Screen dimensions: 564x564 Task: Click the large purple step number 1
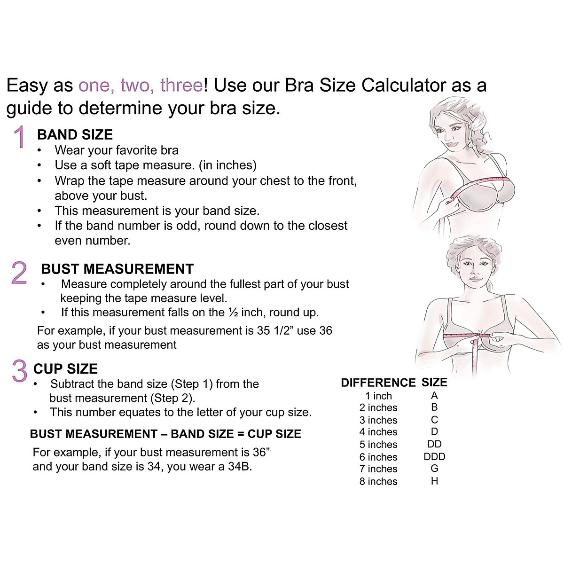tap(20, 137)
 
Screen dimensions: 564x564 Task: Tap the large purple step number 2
tap(19, 273)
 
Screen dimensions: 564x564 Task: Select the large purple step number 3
tap(19, 371)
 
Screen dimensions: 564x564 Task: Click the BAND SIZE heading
tap(75, 135)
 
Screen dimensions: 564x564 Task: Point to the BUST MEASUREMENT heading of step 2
tap(117, 269)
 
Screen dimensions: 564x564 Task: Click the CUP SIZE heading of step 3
tap(65, 369)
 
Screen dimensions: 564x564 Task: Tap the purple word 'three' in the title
tap(181, 86)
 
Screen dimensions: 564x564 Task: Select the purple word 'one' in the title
tap(95, 86)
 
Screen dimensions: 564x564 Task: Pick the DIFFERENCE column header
tap(378, 383)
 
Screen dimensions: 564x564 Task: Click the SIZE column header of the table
tap(434, 383)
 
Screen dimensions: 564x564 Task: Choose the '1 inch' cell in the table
tap(378, 396)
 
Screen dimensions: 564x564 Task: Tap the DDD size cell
tap(434, 456)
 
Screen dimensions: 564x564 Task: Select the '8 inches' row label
tap(378, 481)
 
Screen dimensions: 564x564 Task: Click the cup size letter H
tap(434, 481)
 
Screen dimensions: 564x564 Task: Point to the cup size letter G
tap(434, 469)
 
